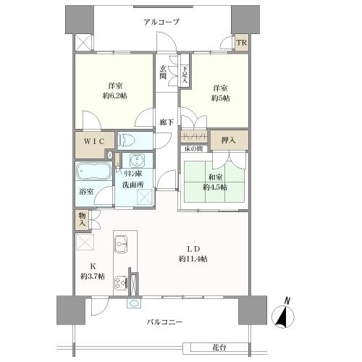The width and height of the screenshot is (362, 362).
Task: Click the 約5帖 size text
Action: pyautogui.click(x=221, y=98)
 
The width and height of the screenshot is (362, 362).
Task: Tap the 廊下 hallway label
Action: pyautogui.click(x=166, y=122)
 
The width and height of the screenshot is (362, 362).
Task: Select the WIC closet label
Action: pyautogui.click(x=93, y=140)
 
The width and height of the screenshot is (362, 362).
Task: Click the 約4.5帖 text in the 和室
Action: pyautogui.click(x=214, y=186)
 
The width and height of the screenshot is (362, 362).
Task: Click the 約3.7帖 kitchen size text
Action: pyautogui.click(x=93, y=277)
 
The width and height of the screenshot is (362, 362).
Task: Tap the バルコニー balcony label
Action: pyautogui.click(x=166, y=321)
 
